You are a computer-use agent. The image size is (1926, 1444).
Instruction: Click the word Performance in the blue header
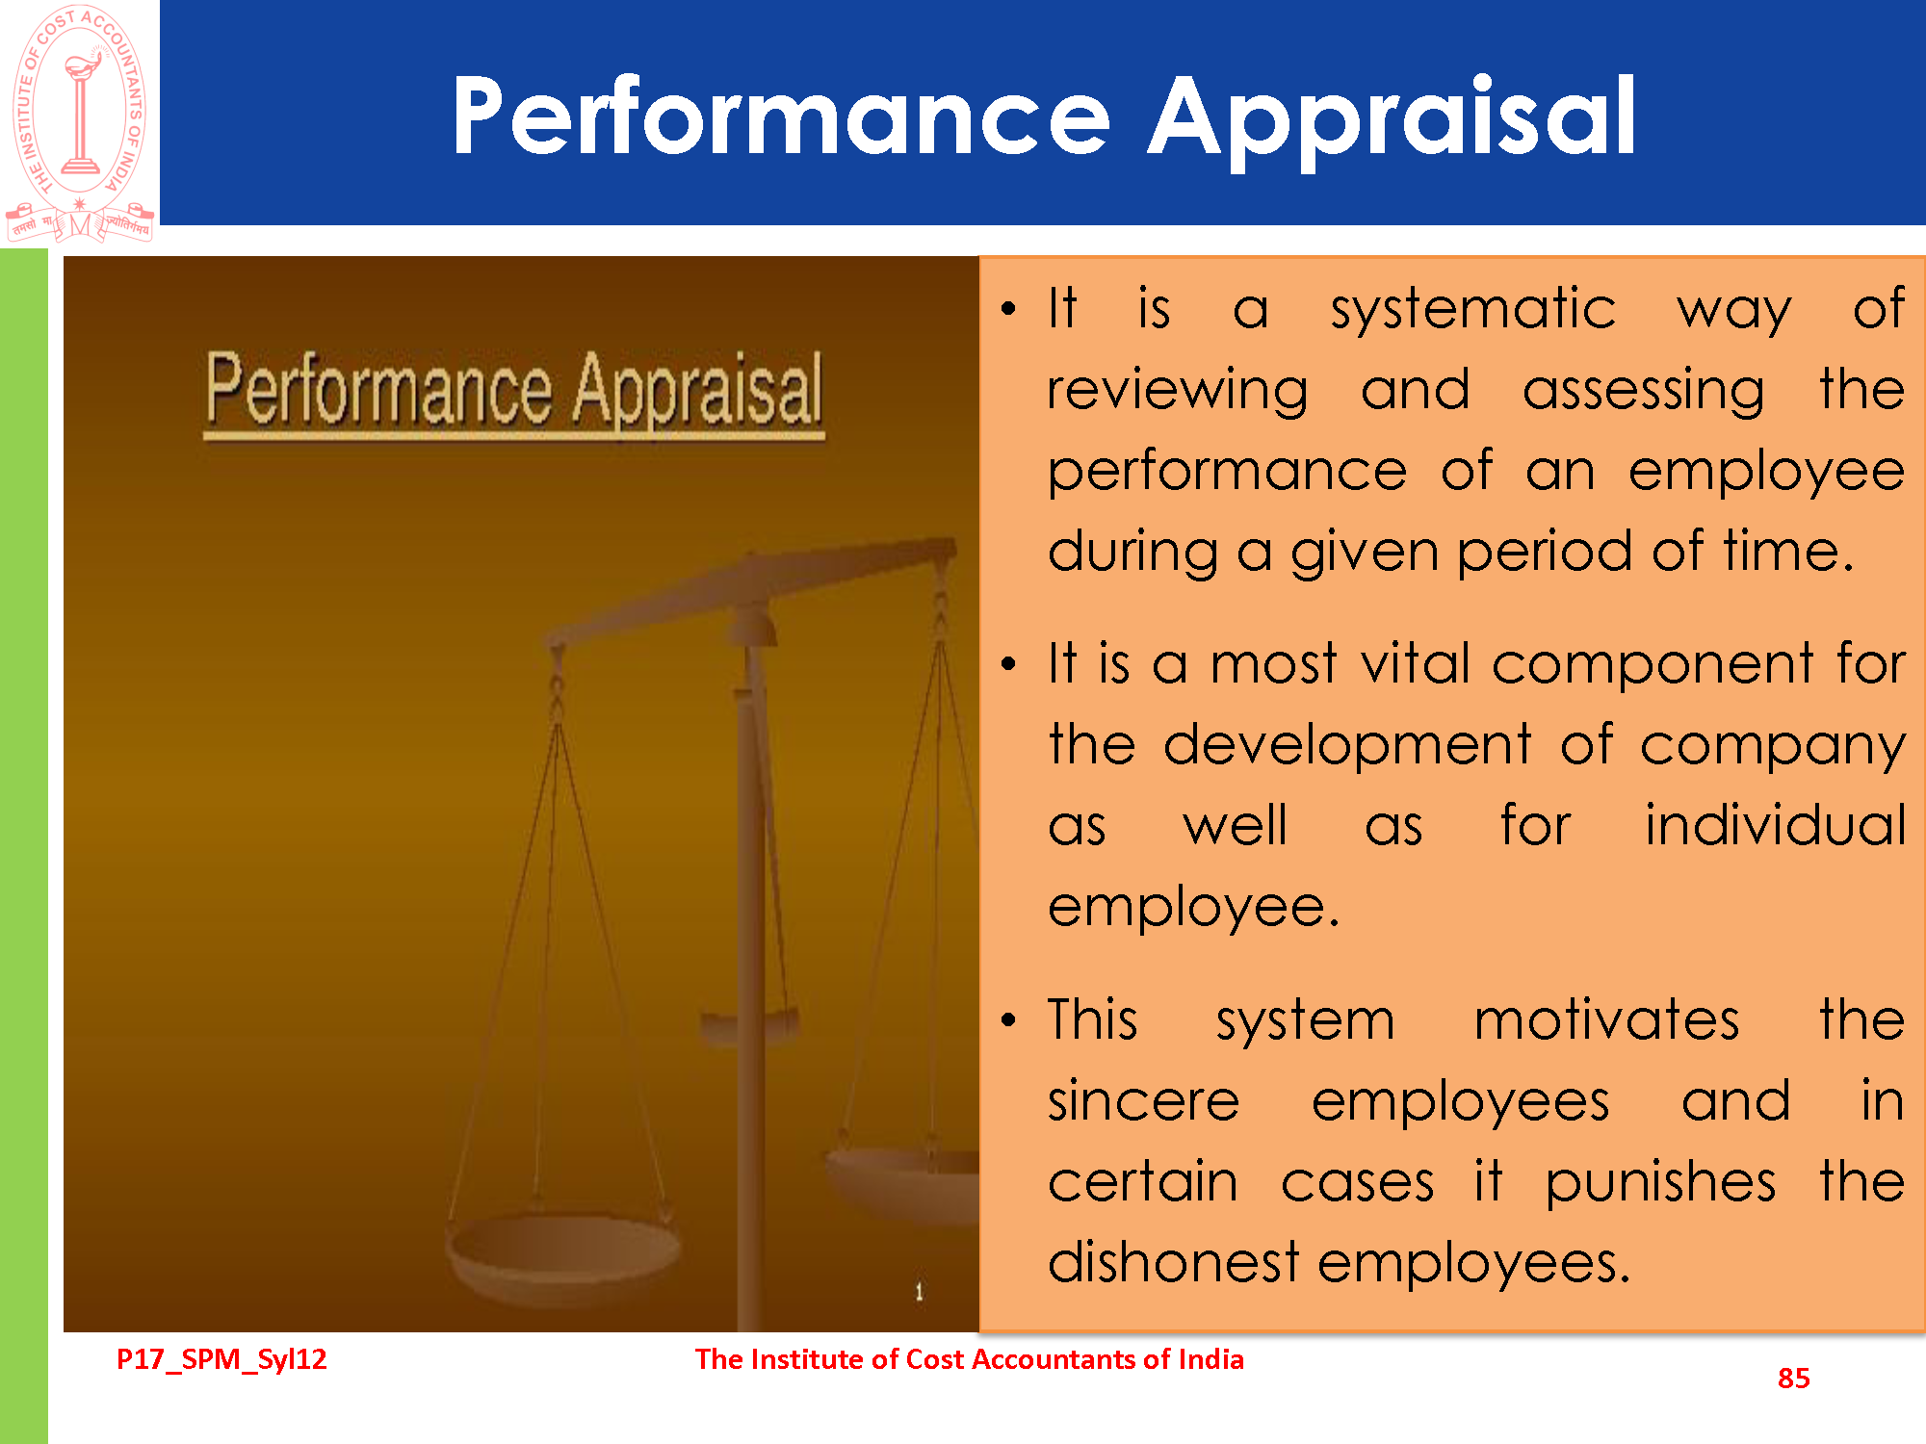point(782,116)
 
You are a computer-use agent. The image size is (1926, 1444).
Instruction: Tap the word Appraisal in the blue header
point(1392,123)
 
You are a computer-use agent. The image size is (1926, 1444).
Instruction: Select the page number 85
point(1793,1378)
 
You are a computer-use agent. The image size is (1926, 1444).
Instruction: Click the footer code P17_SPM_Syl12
point(221,1359)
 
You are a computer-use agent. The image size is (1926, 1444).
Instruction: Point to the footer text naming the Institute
point(969,1358)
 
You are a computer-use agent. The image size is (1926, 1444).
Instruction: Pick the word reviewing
point(1178,392)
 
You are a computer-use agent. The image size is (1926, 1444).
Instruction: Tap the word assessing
point(1644,392)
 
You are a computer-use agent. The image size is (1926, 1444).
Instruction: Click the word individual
point(1775,825)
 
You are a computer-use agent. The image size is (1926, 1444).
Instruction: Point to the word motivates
point(1607,1019)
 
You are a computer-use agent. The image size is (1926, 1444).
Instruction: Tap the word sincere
point(1144,1102)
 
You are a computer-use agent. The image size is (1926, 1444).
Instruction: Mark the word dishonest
point(1174,1262)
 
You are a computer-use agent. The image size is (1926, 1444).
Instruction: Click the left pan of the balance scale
point(562,1251)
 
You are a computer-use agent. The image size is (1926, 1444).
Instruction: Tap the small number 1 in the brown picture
point(919,1291)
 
